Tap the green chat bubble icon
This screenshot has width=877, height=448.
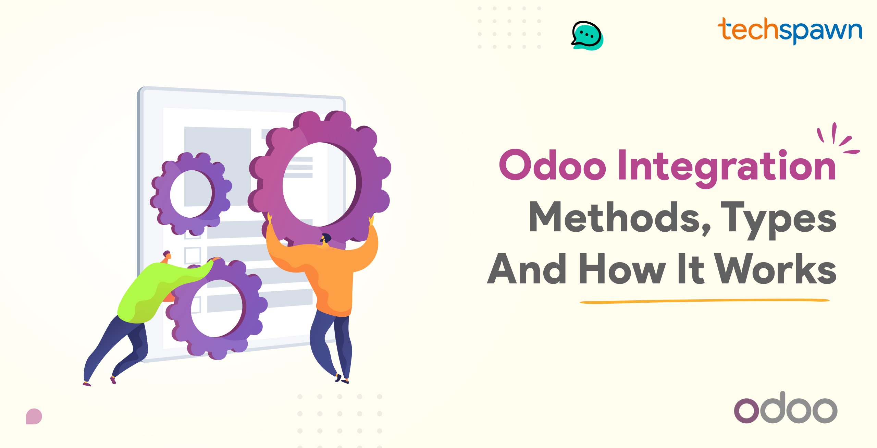587,36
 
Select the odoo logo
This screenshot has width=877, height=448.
786,408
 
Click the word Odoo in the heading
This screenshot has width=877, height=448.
553,165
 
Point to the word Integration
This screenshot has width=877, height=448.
727,168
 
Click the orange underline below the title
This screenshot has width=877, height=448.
704,301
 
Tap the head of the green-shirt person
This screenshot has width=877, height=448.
167,255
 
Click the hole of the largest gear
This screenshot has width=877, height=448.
319,185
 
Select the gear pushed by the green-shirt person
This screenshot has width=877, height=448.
217,309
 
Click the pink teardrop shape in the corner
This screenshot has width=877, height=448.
34,416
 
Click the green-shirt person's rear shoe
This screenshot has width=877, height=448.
87,384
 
